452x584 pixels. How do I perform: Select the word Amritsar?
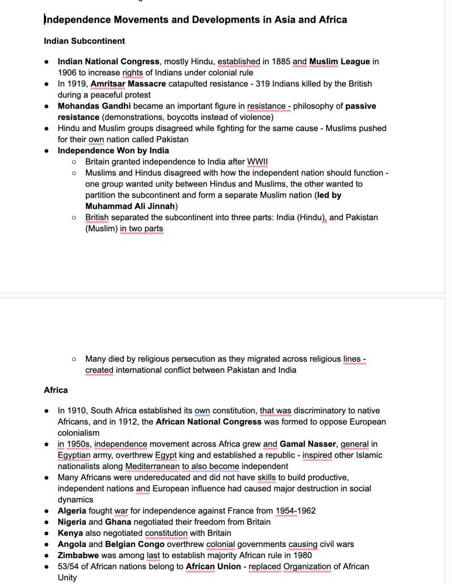click(x=108, y=84)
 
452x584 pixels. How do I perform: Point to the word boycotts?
click(x=182, y=117)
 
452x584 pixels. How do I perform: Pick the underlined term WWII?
click(x=257, y=162)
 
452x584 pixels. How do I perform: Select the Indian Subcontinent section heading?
click(x=84, y=41)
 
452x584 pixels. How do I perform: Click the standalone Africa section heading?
click(x=56, y=390)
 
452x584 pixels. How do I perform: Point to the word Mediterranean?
click(x=152, y=466)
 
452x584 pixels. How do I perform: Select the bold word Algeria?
click(x=72, y=511)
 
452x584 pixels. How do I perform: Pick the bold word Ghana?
click(x=118, y=522)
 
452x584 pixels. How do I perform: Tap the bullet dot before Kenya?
click(x=47, y=533)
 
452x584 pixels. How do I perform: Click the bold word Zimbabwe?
click(x=78, y=556)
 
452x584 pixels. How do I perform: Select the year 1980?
click(x=302, y=556)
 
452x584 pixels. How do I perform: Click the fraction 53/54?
click(x=68, y=567)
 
